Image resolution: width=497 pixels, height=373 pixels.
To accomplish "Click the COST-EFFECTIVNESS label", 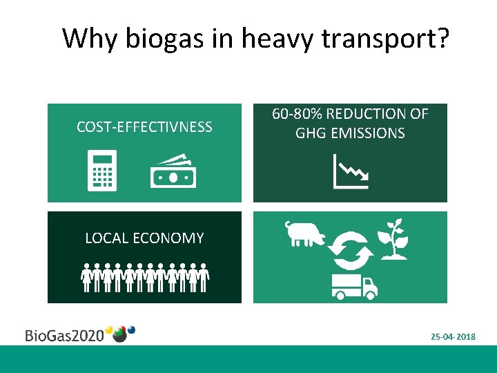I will [144, 126].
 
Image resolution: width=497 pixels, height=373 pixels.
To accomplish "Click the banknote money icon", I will [173, 171].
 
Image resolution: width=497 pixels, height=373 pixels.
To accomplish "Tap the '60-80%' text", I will [297, 114].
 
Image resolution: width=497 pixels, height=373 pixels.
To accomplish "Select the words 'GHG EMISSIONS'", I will [350, 133].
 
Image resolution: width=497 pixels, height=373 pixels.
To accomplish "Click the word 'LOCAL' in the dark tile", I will [106, 239].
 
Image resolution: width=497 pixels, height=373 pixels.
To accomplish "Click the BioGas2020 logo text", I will [64, 336].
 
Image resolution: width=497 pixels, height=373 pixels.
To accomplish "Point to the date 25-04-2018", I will [453, 336].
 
